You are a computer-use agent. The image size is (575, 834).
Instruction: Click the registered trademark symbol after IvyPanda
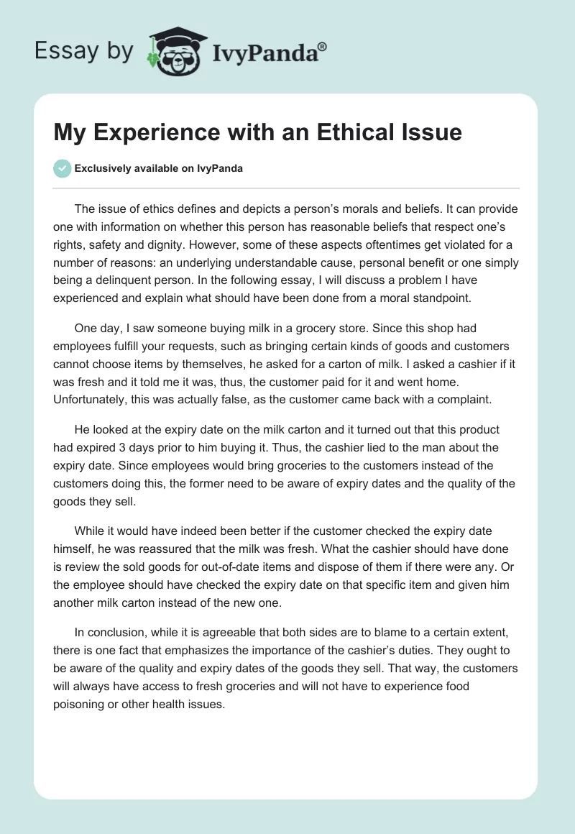[323, 46]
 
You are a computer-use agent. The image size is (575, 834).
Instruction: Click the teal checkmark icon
[62, 168]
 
